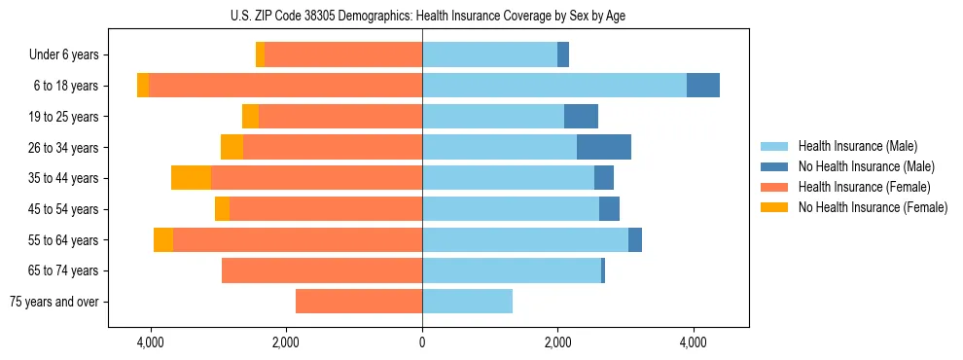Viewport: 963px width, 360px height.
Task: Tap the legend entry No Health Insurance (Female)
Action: pos(873,207)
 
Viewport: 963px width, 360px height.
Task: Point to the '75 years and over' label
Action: pos(54,302)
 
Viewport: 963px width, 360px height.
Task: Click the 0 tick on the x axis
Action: pos(422,342)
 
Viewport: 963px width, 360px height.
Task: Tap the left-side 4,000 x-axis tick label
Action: pos(150,342)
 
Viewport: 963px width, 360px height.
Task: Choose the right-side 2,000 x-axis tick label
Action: pos(557,342)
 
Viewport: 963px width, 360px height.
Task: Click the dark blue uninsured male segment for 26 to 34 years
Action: pos(604,147)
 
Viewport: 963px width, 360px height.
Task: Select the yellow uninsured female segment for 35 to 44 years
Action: pos(191,178)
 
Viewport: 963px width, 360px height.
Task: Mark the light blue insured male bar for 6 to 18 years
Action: pos(554,86)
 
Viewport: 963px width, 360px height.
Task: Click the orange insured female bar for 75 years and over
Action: pos(359,302)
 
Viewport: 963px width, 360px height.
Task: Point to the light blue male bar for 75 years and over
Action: pos(467,302)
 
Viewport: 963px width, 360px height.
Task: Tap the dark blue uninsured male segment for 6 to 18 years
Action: pos(703,86)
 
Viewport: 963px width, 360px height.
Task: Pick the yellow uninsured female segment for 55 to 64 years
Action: pos(163,240)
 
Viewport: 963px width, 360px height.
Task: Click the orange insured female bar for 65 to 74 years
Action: pos(322,270)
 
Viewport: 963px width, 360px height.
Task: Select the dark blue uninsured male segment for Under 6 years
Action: pos(563,55)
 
